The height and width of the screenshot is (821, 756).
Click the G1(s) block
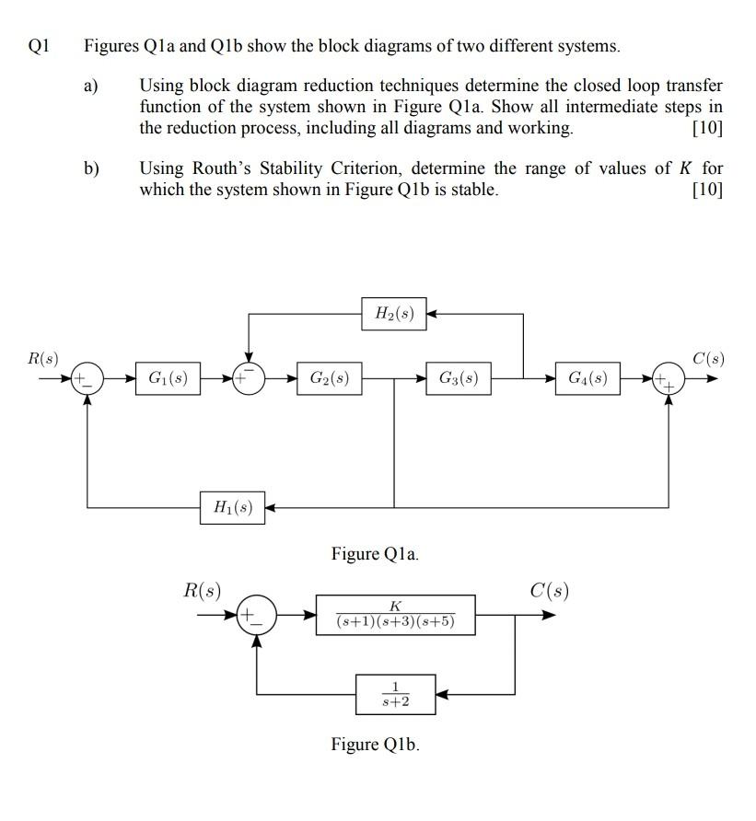169,378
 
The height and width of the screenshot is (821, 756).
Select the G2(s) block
329,378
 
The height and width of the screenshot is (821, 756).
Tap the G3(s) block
459,378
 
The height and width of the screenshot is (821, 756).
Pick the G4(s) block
587,378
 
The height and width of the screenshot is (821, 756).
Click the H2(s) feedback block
394,315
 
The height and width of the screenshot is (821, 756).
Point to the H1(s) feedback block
232,506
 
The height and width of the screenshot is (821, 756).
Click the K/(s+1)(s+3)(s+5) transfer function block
396,615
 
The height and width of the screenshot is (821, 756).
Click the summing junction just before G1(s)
87,378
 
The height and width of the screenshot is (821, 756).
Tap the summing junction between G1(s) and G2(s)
248,377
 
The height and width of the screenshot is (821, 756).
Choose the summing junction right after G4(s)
669,378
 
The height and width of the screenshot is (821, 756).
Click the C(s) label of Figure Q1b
549,590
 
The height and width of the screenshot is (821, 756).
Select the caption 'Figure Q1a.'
375,554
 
